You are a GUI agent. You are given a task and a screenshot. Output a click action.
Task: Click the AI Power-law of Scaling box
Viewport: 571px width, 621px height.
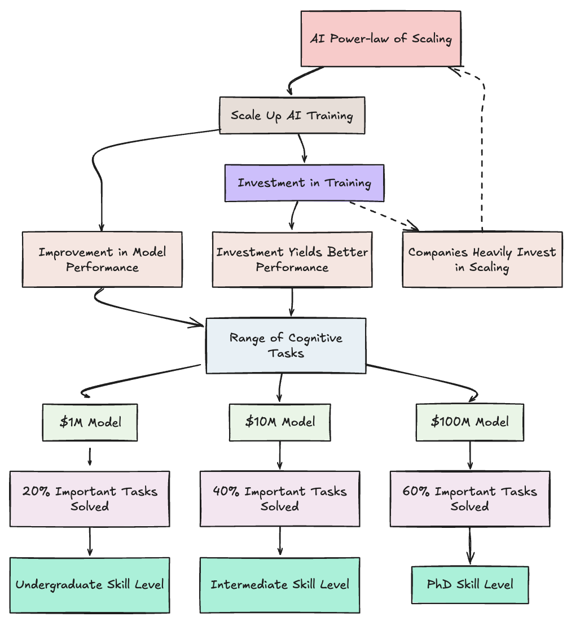pos(381,39)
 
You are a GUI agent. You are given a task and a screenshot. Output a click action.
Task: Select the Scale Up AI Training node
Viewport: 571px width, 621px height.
pos(292,116)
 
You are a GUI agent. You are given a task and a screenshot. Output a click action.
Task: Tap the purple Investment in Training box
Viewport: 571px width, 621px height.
pos(304,183)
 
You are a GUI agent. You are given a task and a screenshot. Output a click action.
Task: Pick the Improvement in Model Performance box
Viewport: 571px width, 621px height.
pos(102,259)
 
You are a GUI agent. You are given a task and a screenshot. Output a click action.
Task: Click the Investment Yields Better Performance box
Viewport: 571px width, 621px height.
pos(292,259)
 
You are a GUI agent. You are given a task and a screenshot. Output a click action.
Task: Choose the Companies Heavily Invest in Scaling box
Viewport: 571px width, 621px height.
pos(482,259)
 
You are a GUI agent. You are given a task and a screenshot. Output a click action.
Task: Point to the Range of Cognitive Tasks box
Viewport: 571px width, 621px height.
pos(285,346)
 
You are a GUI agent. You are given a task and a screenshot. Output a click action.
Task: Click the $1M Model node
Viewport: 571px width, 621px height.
pos(90,422)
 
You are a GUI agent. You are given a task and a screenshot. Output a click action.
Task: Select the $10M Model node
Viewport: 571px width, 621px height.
pos(280,422)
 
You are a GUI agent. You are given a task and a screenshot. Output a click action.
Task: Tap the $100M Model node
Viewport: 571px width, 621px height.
pos(470,422)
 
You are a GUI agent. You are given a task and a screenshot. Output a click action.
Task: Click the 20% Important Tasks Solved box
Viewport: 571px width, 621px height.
pos(90,498)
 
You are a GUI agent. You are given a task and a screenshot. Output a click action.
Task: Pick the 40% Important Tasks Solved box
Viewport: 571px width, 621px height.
pos(280,498)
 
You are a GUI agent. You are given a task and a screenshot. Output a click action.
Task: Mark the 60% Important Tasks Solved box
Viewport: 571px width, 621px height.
pos(470,498)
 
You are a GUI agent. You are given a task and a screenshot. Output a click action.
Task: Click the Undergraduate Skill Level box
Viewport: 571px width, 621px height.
pos(90,585)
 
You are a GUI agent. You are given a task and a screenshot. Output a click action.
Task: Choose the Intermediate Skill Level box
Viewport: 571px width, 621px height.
pos(280,585)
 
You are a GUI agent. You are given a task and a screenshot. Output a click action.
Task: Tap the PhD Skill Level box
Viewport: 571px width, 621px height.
pos(470,585)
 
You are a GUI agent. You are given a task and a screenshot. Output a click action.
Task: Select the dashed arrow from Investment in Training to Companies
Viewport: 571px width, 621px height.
pos(384,216)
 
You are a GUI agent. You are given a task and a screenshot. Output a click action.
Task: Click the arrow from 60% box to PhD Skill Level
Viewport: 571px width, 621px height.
pos(470,546)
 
